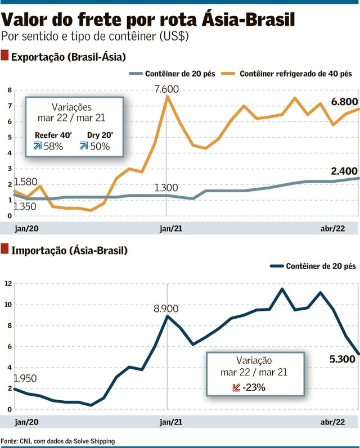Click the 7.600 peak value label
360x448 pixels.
tap(166, 89)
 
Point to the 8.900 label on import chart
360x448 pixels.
tap(166, 309)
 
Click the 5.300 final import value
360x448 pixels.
tap(343, 360)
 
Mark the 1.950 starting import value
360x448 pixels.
tap(25, 378)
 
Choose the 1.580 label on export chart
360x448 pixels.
tap(25, 182)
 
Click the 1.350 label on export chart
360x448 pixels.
tap(25, 207)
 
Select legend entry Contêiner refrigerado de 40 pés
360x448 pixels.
tap(295, 74)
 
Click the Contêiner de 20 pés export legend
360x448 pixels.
tap(179, 74)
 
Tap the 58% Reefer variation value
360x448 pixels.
tap(54, 146)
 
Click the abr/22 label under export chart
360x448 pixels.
tap(332, 228)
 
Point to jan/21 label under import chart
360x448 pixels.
tap(170, 421)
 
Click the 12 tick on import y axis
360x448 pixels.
tap(8, 284)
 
